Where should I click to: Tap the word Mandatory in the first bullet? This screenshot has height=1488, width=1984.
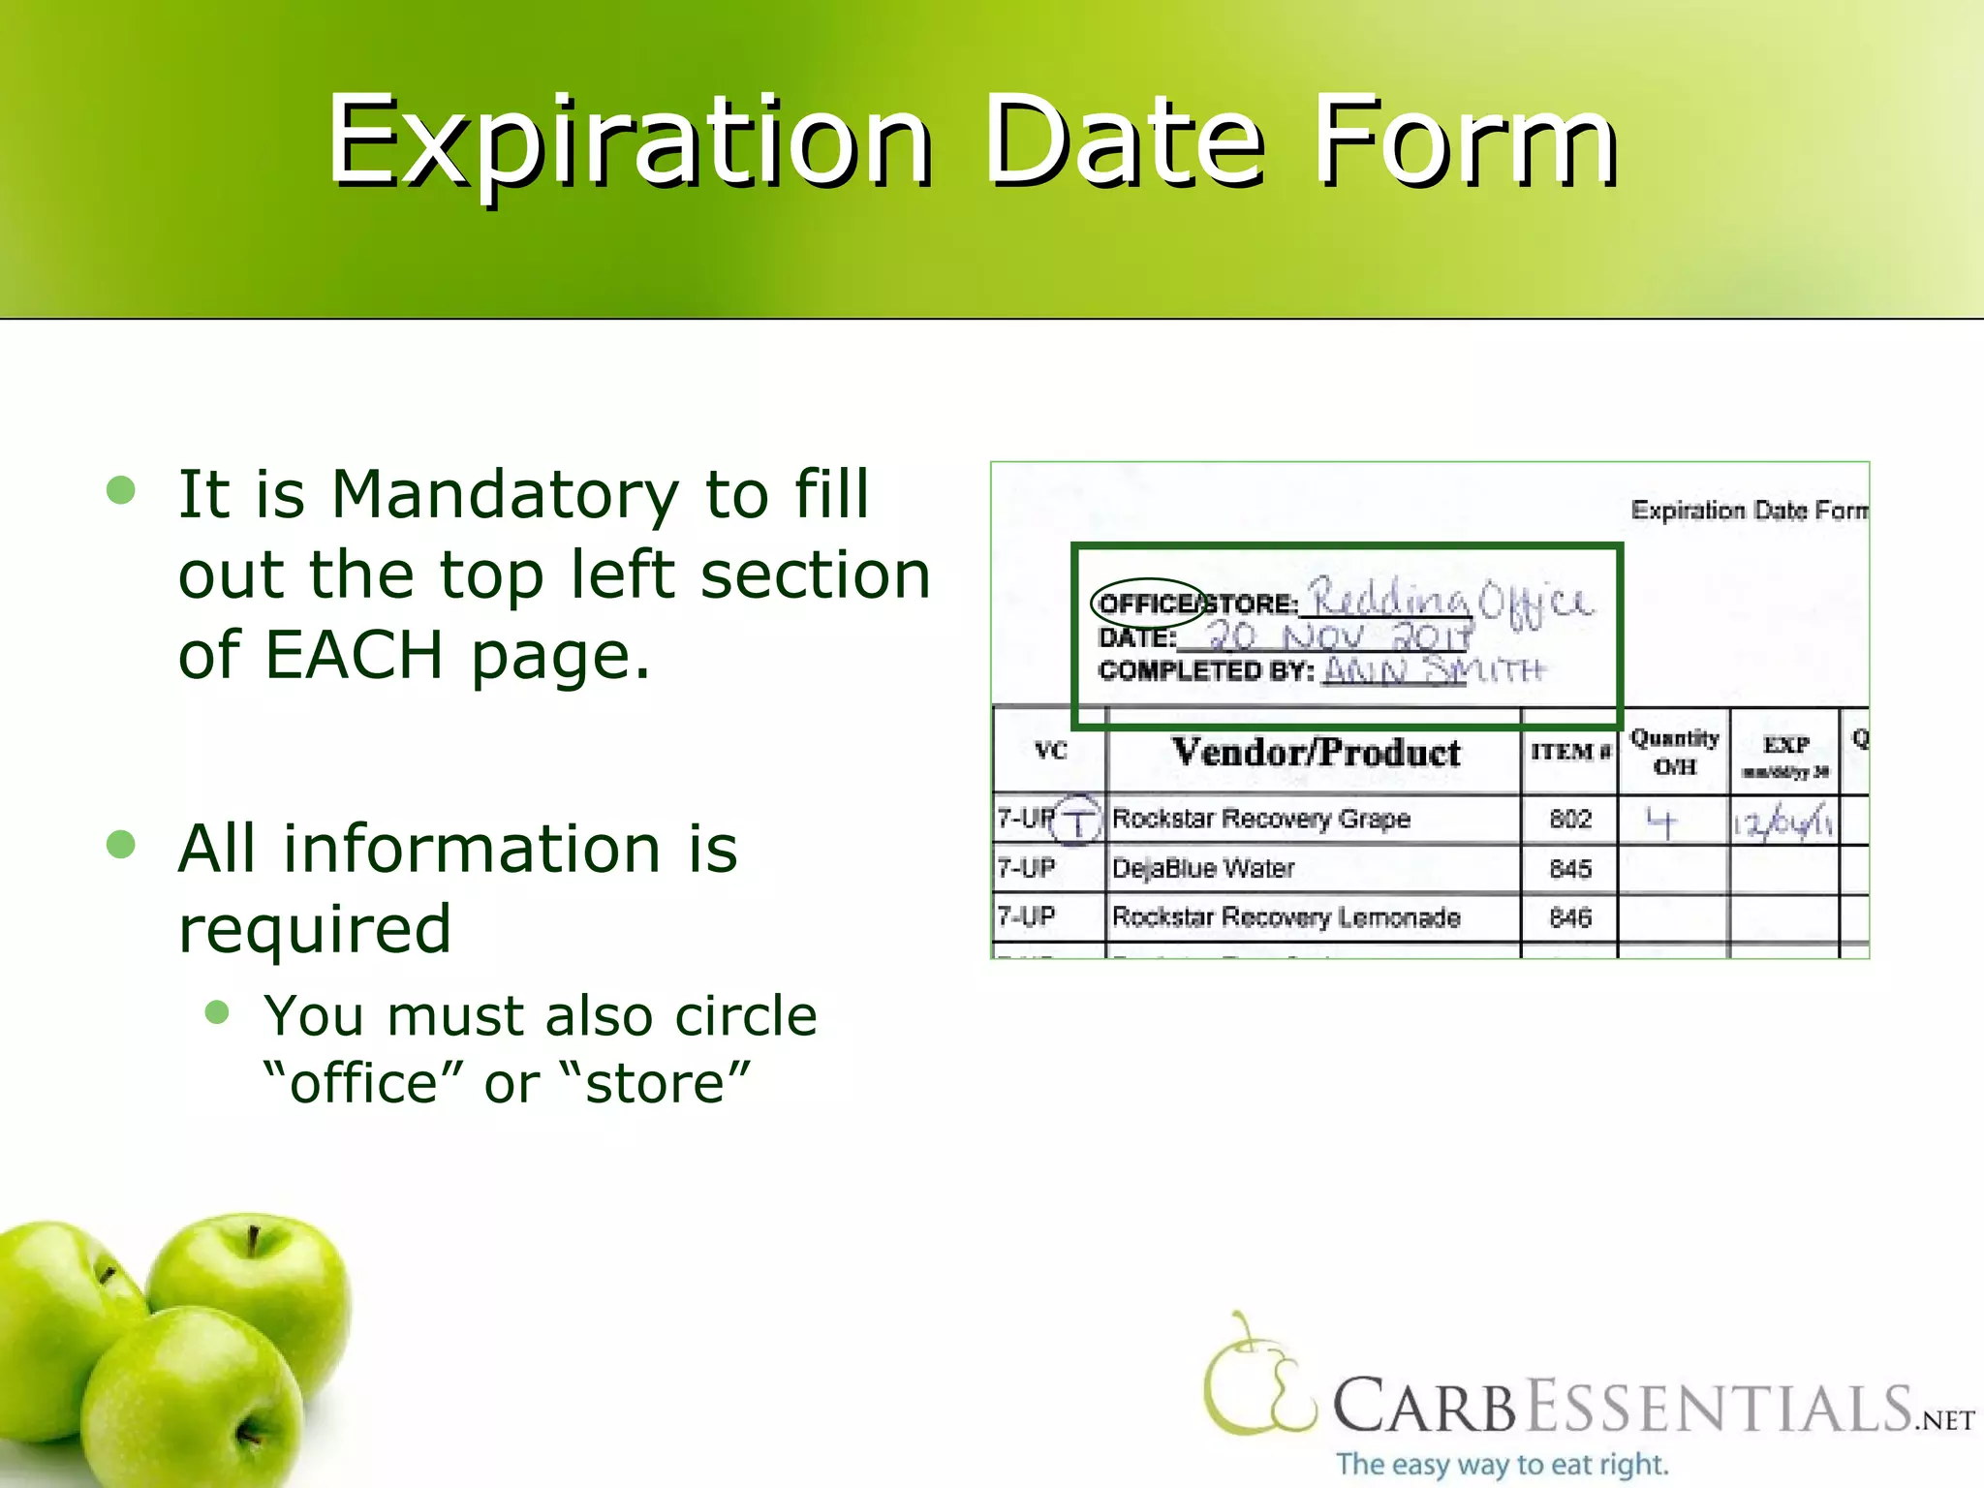(505, 494)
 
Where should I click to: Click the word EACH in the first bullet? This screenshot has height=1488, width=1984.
(353, 655)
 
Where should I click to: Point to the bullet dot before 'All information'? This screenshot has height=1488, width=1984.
(121, 844)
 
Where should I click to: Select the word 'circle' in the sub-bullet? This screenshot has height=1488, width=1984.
(746, 1016)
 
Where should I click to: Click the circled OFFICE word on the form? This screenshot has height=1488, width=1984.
(1147, 604)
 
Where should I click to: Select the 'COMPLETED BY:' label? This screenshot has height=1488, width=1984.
(1206, 671)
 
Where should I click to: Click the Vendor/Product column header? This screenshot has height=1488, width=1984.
(1315, 753)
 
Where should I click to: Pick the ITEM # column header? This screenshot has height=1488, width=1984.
(1569, 752)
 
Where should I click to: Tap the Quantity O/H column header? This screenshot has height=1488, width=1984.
(1674, 752)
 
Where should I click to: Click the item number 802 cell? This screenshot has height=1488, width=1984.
(1569, 820)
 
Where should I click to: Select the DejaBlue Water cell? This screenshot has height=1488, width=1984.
(1203, 869)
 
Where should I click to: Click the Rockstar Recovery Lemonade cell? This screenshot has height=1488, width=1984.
(1286, 917)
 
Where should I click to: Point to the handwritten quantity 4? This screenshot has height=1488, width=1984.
(1660, 823)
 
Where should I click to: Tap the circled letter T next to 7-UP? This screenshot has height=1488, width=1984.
(1077, 822)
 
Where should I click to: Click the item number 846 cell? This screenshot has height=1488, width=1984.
(1569, 917)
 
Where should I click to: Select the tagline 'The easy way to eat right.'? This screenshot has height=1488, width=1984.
(1502, 1463)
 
